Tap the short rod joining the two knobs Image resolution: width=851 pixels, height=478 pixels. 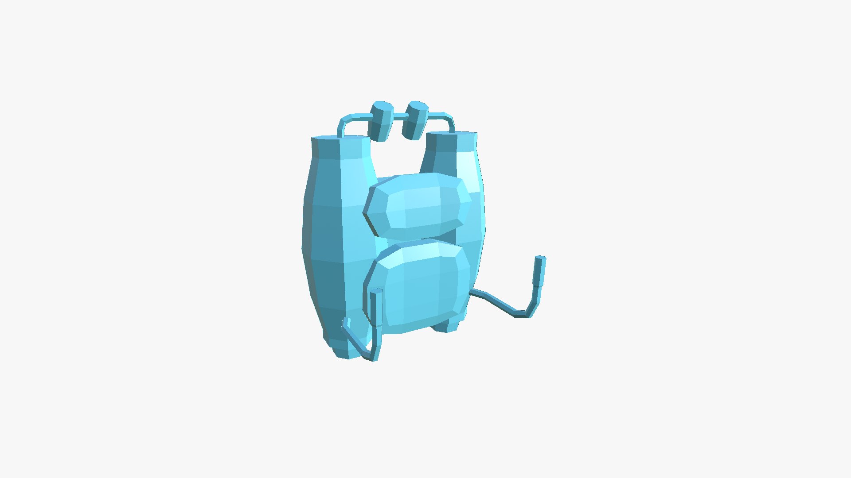[398, 117]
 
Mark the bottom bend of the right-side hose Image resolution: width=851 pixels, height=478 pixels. [523, 315]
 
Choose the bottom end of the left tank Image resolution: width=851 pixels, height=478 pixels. [346, 352]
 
